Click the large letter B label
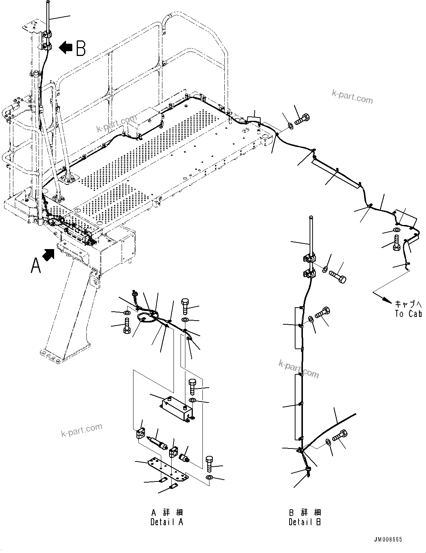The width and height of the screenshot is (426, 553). tap(80, 48)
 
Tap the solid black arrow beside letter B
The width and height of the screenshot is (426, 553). tap(66, 47)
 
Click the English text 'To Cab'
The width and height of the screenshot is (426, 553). tap(408, 314)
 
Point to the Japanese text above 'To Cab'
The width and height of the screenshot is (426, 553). tap(408, 304)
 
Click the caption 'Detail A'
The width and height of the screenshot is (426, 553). tap(166, 522)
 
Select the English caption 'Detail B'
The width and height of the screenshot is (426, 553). tap(305, 522)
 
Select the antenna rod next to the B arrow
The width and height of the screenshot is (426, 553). tap(47, 17)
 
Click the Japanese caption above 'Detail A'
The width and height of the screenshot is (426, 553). tap(167, 513)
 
